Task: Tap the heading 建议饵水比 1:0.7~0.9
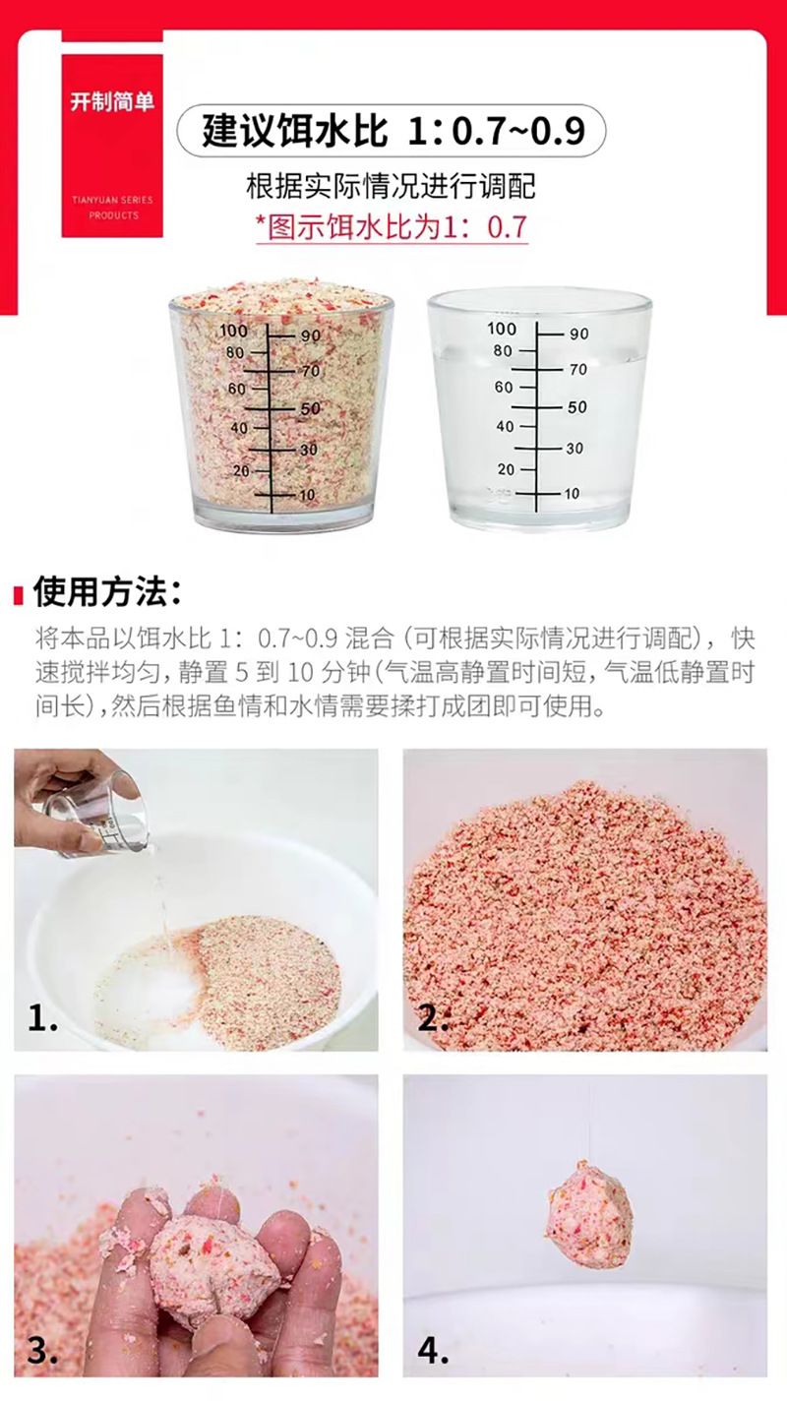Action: (393, 131)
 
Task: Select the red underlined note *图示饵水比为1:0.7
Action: (393, 226)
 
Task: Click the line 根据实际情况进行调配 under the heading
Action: (391, 186)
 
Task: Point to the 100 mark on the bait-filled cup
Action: (233, 331)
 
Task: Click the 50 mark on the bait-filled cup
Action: (310, 408)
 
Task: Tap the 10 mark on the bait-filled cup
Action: (307, 495)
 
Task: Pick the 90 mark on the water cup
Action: (578, 334)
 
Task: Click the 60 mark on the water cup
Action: (504, 388)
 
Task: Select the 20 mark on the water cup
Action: (507, 469)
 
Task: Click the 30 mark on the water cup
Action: (575, 449)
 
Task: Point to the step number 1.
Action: (42, 1019)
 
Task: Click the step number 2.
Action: (433, 1019)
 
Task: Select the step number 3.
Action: (42, 1351)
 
